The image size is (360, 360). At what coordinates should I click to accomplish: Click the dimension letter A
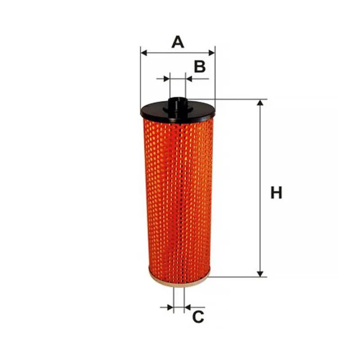coord(178,42)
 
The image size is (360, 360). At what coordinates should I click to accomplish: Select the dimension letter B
coord(200,67)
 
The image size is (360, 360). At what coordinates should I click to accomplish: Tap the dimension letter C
coord(198,317)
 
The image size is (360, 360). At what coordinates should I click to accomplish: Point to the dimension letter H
coord(276,193)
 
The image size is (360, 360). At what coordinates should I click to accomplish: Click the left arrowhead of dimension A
coord(144,53)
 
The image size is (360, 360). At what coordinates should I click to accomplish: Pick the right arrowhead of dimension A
coord(211,53)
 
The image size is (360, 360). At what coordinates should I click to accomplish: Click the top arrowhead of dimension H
coord(260,103)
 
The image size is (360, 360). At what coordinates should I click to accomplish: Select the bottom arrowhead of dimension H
coord(260,274)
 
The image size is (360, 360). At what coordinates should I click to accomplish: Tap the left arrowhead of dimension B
coord(166,79)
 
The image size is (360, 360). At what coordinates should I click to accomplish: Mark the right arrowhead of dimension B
coord(189,79)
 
